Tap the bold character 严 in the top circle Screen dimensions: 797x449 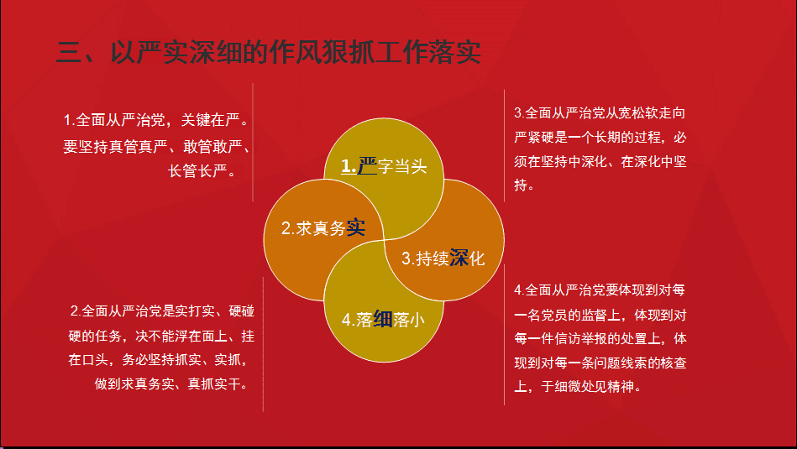coord(367,166)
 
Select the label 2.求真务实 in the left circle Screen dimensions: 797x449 coord(323,228)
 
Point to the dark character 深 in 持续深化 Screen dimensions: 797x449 coord(459,258)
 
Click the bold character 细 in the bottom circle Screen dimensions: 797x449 coord(383,319)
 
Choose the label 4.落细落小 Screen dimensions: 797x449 coord(383,319)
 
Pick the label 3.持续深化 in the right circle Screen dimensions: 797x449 coord(443,258)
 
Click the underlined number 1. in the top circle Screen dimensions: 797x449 coord(349,166)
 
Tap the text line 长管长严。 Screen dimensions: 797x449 coord(202,170)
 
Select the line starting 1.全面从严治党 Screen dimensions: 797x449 coord(156,120)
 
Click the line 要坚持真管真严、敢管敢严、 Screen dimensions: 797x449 coord(156,146)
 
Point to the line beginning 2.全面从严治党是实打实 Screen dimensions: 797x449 coord(162,311)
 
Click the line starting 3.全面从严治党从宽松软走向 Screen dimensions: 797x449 coord(600,112)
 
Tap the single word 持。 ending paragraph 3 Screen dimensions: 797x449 coord(524,185)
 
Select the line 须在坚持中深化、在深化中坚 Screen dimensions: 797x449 coord(600,161)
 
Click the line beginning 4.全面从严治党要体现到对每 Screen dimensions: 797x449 coord(600,290)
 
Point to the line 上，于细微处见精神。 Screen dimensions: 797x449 coord(578,387)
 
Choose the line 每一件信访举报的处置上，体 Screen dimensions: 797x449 coord(600,338)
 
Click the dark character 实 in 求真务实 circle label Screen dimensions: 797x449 coord(356,228)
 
